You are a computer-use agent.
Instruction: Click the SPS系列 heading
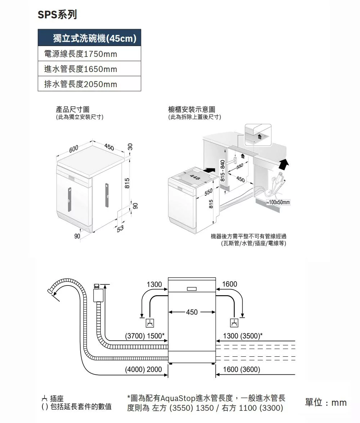[57, 15]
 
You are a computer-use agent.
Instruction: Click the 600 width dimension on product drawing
[73, 149]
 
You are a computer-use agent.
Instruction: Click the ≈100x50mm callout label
[278, 203]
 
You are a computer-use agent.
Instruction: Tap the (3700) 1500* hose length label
[144, 336]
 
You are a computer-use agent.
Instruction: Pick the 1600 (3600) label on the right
[242, 370]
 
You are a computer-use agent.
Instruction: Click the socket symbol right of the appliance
[234, 323]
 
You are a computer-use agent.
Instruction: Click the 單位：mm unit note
[326, 402]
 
